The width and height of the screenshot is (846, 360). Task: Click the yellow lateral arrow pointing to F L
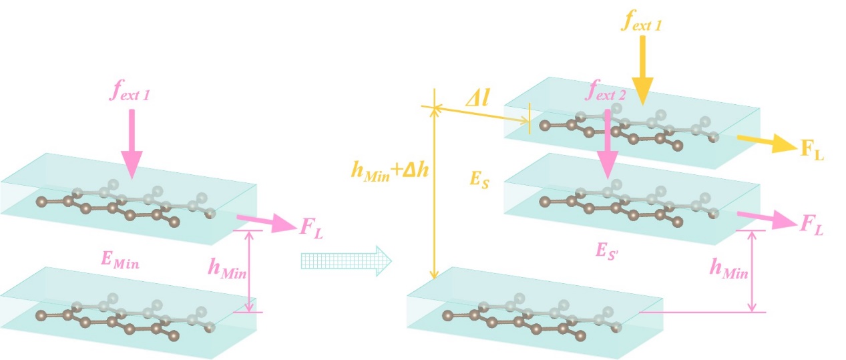765,142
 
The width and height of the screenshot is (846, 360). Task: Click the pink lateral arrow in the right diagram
764,217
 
